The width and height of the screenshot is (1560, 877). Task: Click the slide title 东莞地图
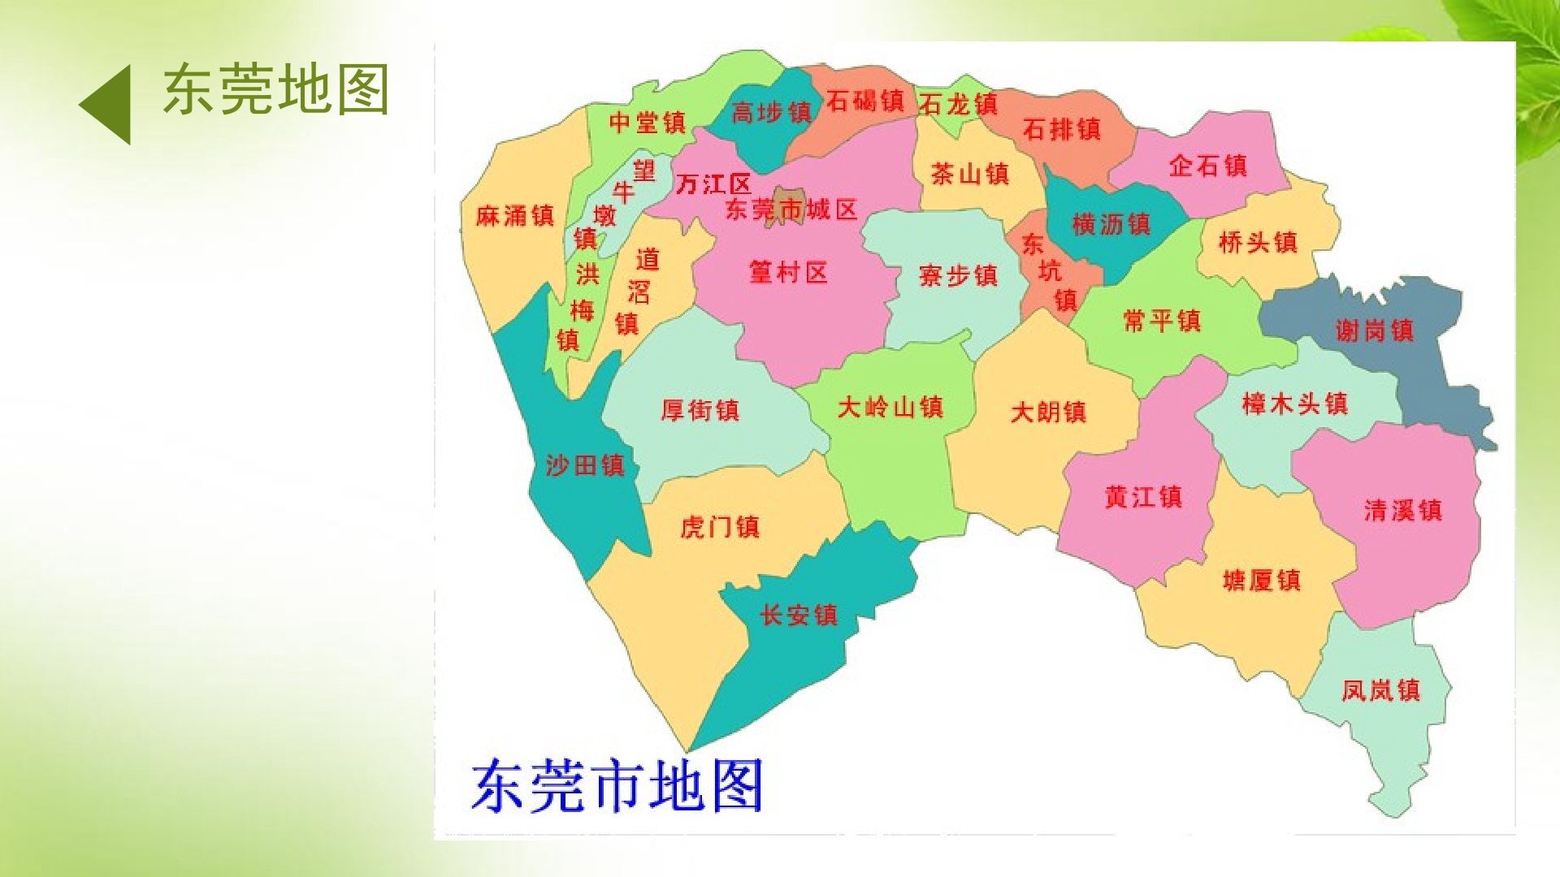tap(276, 89)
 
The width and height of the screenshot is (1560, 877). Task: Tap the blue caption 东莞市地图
tap(617, 785)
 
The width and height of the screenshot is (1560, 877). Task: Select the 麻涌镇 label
tap(515, 216)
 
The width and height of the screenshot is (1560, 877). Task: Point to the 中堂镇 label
tap(648, 123)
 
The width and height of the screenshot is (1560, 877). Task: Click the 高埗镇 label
tap(771, 112)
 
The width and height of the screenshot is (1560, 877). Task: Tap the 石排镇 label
tap(1061, 129)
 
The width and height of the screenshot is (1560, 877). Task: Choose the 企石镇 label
tap(1207, 166)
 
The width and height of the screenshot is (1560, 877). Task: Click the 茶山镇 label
tap(969, 173)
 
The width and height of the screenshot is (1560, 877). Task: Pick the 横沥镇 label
tap(1111, 224)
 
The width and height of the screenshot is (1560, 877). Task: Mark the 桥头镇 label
tap(1258, 242)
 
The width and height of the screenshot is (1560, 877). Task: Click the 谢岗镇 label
tap(1375, 330)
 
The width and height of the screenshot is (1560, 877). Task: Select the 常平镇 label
tap(1161, 321)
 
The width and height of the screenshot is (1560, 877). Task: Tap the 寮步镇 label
tap(958, 275)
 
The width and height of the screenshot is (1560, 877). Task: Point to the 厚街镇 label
tap(700, 410)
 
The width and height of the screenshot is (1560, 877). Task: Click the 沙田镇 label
tap(585, 465)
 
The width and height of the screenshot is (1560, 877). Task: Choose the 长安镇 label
tap(798, 615)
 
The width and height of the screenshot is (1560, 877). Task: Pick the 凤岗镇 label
tap(1380, 690)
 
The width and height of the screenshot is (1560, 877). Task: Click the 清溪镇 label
tap(1402, 510)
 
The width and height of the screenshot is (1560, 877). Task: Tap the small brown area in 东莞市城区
tap(786, 200)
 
